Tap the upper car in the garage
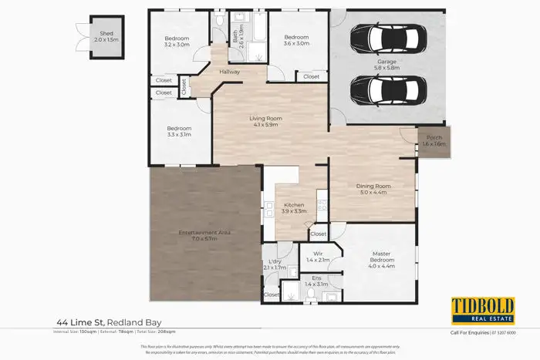[x=388, y=37]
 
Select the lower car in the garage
[x=388, y=91]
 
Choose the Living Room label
[x=263, y=118]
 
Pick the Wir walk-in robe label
[x=316, y=254]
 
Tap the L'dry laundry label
[x=275, y=262]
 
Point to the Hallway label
[x=230, y=72]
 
